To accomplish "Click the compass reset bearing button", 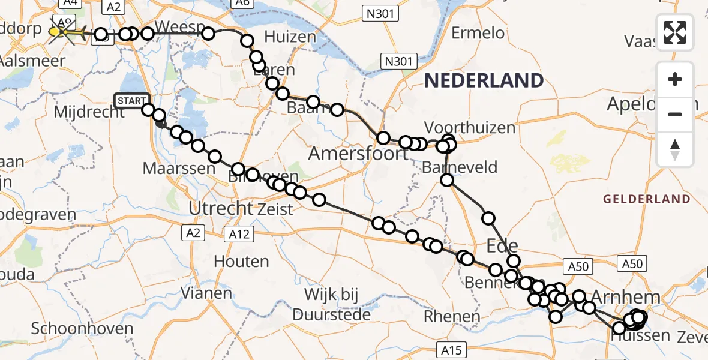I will pyautogui.click(x=675, y=149).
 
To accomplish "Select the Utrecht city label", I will pyautogui.click(x=221, y=209).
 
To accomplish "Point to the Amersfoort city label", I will pyautogui.click(x=359, y=154).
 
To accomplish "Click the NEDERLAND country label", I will pyautogui.click(x=484, y=80).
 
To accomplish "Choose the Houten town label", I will pyautogui.click(x=242, y=262).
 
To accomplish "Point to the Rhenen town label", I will pyautogui.click(x=451, y=316).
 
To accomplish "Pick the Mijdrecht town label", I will pyautogui.click(x=80, y=112).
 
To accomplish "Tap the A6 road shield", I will pyautogui.click(x=242, y=4).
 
